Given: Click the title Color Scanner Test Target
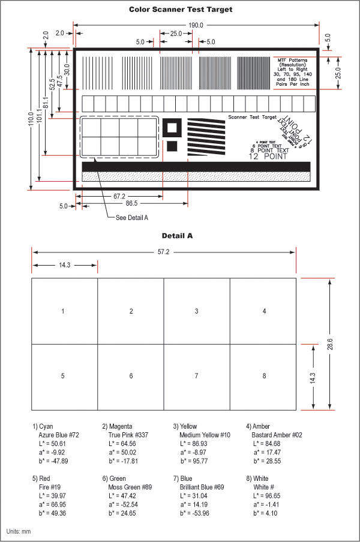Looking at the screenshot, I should pyautogui.click(x=181, y=10).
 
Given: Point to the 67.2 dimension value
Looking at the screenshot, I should pyautogui.click(x=119, y=196).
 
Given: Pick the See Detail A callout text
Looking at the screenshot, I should pyautogui.click(x=131, y=217).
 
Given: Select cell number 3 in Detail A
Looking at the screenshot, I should pyautogui.click(x=196, y=311).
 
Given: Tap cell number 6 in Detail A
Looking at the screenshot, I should pyautogui.click(x=130, y=376).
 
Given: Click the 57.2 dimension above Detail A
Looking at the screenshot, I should pyautogui.click(x=164, y=252).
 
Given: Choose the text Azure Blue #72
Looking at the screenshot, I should pyautogui.click(x=59, y=433).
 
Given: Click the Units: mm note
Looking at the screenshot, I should pyautogui.click(x=19, y=532).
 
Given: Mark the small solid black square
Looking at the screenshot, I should pyautogui.click(x=173, y=146).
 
